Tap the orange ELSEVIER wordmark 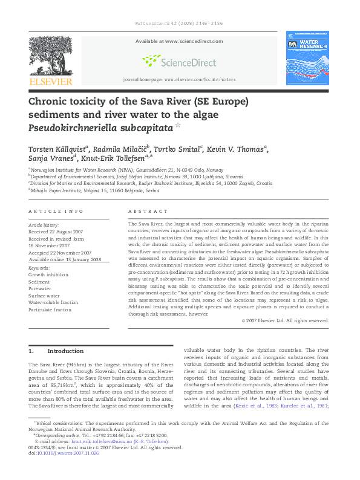50,81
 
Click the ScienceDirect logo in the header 179,61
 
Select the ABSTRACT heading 148,212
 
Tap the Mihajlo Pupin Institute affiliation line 94,189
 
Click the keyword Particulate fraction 50,310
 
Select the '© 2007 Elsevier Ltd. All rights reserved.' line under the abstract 284,320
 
